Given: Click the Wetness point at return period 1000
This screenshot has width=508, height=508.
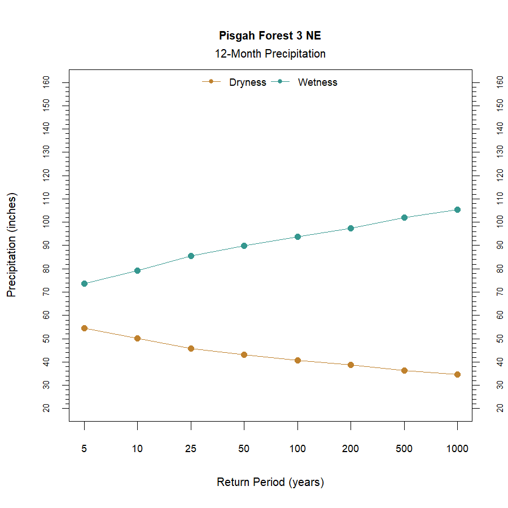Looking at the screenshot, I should (457, 209).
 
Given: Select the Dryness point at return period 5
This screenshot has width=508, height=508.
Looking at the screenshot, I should (84, 328).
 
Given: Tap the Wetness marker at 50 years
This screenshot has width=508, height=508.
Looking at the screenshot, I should (244, 246).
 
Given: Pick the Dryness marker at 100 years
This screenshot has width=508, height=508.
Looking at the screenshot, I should (297, 360).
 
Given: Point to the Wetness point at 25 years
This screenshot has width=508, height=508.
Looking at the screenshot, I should (191, 256).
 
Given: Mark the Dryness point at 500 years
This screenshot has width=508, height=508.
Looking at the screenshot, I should (404, 370).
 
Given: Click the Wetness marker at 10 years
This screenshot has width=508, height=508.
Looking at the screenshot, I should (137, 270).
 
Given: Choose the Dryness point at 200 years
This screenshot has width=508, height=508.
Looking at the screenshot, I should (351, 365).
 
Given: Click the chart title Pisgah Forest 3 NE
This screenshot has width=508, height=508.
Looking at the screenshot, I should (270, 36).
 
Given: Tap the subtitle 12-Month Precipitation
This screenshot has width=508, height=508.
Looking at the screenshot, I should (270, 54).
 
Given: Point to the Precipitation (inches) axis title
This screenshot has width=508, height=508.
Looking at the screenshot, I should (12, 245).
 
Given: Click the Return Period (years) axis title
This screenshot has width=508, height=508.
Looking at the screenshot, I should (270, 483).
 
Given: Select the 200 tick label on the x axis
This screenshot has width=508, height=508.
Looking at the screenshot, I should (351, 449).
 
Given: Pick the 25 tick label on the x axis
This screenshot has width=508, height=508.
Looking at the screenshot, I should (191, 449).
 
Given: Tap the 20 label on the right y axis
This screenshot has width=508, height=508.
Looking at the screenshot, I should (500, 408).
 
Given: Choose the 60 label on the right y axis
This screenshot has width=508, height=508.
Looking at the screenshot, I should (500, 315).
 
